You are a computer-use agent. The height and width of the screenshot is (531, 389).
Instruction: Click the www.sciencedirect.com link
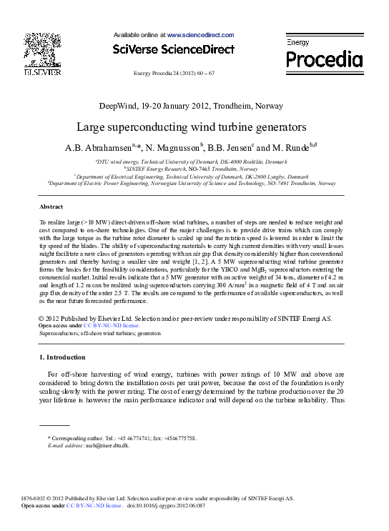201,34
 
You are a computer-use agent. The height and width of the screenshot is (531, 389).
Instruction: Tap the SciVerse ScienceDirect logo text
174,49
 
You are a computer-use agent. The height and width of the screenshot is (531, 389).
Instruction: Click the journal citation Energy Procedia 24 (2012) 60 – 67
174,74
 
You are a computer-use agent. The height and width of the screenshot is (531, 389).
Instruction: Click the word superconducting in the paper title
174,127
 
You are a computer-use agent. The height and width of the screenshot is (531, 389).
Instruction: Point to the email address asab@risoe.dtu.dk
106,445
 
